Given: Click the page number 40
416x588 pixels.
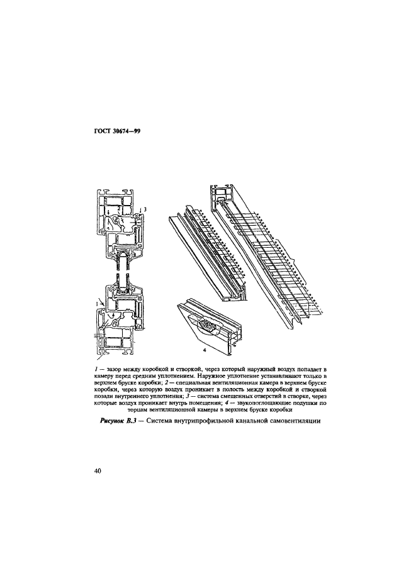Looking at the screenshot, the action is [x=97, y=471].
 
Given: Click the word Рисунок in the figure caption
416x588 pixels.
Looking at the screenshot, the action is [x=112, y=421].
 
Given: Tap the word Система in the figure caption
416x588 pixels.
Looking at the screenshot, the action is [x=159, y=421].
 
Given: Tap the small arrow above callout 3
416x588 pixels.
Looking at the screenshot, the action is [x=141, y=211].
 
